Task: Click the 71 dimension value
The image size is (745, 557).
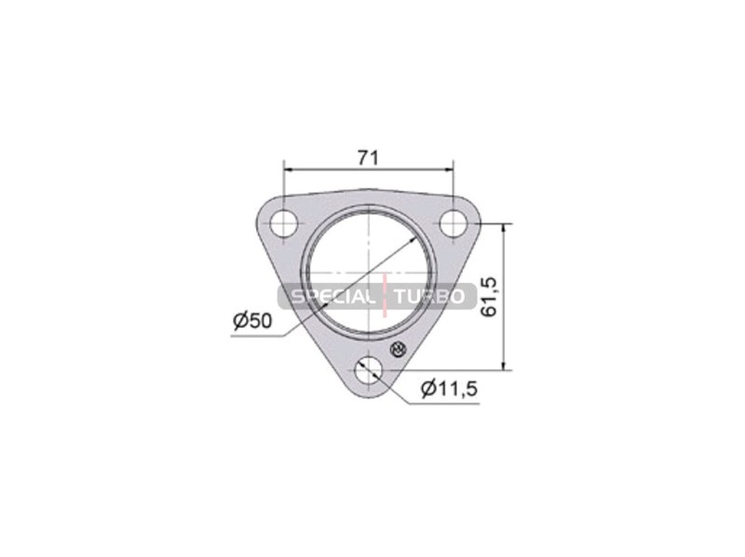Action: [368, 157]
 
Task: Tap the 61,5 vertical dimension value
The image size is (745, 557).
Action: [489, 297]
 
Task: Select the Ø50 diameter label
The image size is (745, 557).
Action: [252, 320]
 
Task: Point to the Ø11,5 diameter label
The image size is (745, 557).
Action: [449, 389]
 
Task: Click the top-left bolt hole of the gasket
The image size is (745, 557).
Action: [284, 223]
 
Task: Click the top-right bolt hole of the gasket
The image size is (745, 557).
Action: [454, 223]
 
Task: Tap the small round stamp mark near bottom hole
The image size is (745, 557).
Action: [399, 349]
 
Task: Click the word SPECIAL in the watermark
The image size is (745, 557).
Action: [332, 297]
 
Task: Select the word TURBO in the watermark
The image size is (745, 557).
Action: [430, 297]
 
